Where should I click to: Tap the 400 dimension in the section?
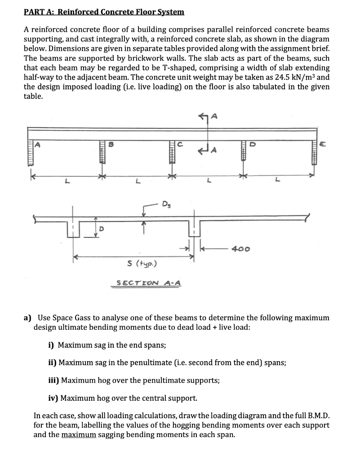coord(241,248)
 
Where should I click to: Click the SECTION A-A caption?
coord(148,283)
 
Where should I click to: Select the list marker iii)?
coord(53,380)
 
